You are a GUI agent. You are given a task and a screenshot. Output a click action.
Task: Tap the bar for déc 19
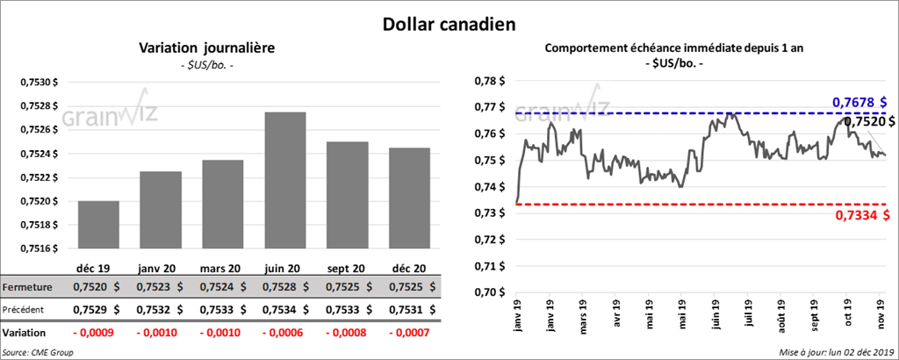[x=98, y=225]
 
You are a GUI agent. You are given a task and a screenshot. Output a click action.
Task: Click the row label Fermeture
[x=28, y=287]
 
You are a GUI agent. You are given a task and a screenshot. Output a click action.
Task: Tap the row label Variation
[x=25, y=334]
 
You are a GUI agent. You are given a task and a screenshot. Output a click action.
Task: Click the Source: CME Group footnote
[x=38, y=351]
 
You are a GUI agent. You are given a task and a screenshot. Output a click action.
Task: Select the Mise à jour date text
[x=837, y=351]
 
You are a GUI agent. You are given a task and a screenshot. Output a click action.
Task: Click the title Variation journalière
[x=207, y=48]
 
